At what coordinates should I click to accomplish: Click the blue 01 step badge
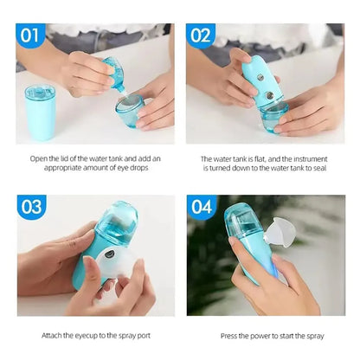point(31,35)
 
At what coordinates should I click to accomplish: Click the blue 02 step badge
point(201,35)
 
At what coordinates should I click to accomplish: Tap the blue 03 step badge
point(31,208)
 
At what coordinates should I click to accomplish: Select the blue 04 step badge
point(201,208)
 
